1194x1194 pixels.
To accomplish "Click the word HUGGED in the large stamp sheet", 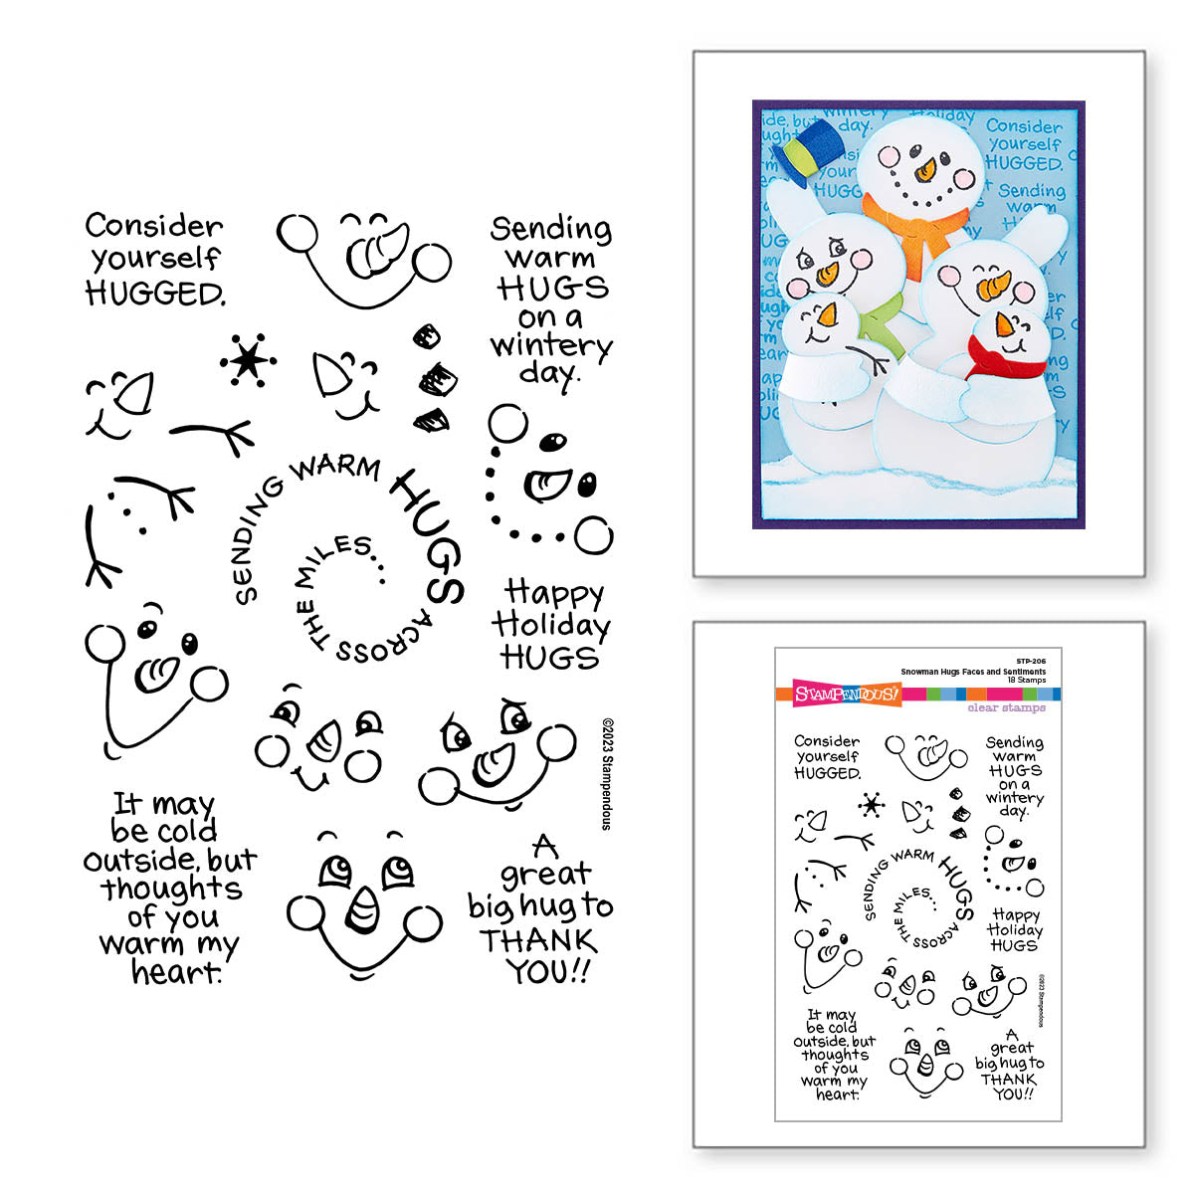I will pyautogui.click(x=154, y=294).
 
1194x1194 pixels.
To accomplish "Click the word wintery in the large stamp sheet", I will pyautogui.click(x=550, y=346).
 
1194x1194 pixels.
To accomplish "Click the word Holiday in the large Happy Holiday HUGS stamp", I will pyautogui.click(x=550, y=626).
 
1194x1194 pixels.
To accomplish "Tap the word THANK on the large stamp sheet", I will pyautogui.click(x=537, y=940).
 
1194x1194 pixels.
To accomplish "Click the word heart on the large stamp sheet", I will pyautogui.click(x=176, y=972).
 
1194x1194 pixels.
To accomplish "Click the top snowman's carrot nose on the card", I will pyautogui.click(x=925, y=171).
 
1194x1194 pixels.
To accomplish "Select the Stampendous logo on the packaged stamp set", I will pyautogui.click(x=847, y=694).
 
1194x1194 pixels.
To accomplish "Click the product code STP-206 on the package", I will pyautogui.click(x=1031, y=661).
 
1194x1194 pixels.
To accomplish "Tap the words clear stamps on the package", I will pyautogui.click(x=1006, y=707).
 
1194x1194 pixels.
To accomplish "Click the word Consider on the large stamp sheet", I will pyautogui.click(x=154, y=227).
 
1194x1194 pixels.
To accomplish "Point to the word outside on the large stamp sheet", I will pyautogui.click(x=139, y=860).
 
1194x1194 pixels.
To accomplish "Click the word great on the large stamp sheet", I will pyautogui.click(x=545, y=875).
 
